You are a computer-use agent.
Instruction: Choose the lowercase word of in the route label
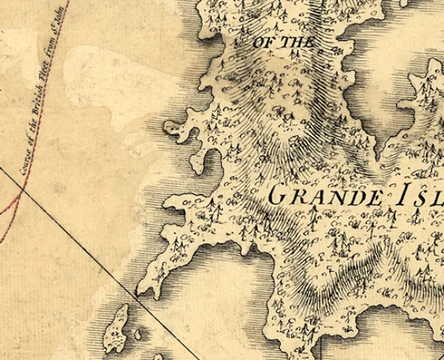coord(32,132)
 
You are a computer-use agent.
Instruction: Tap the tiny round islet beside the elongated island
coord(138,335)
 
